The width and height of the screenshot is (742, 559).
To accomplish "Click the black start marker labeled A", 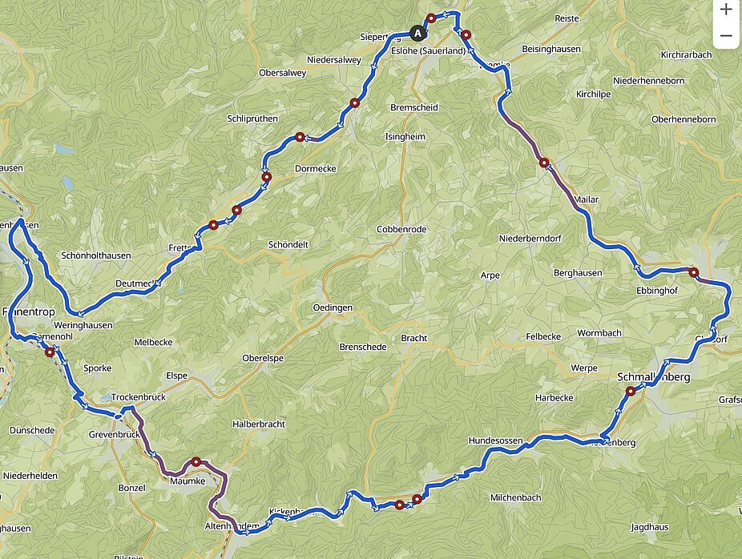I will [417, 33].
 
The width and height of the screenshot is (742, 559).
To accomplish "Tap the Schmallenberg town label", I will [654, 376].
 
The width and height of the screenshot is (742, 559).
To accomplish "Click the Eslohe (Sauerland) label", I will [428, 50].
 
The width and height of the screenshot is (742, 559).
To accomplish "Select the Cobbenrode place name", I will [402, 229].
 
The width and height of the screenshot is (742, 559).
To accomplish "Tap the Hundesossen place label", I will [496, 440].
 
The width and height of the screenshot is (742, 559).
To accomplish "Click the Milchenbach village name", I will [515, 497].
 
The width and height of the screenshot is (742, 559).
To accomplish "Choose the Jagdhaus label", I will [650, 528].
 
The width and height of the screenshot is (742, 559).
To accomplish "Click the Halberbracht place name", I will [258, 424].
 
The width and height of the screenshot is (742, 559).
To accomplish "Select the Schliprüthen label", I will [252, 119].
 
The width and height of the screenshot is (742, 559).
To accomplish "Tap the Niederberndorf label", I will [530, 239].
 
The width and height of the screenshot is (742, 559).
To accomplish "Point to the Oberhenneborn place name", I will [684, 119].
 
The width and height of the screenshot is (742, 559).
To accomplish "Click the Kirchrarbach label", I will [687, 55].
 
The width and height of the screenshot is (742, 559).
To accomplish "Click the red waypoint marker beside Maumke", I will [196, 462].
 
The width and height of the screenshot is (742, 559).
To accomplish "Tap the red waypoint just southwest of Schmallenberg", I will [631, 392].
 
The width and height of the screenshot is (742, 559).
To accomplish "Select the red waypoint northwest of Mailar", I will [544, 163].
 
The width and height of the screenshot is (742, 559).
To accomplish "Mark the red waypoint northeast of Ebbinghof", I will [694, 272].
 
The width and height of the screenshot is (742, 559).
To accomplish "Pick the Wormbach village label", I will [599, 332].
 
